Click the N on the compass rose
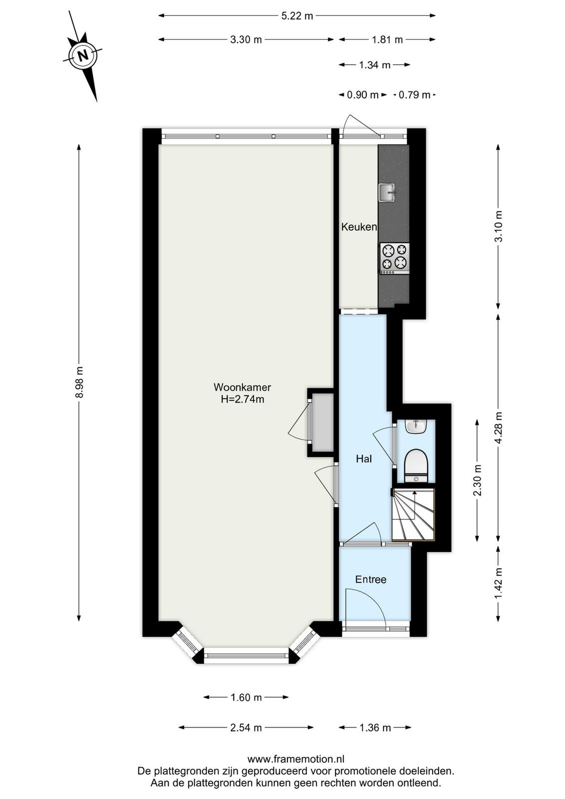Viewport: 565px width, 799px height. (x=83, y=55)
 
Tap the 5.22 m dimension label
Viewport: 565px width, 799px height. (x=297, y=16)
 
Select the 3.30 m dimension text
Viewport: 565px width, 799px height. (x=246, y=39)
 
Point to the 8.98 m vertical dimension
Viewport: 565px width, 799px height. (x=81, y=382)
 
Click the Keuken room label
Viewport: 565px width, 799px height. (x=359, y=227)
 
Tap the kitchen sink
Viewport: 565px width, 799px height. (x=387, y=193)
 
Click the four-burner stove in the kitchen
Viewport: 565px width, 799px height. (x=395, y=259)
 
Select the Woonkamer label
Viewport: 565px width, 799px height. (x=243, y=387)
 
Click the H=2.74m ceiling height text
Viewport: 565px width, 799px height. (x=243, y=399)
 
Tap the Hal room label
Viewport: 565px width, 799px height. (x=364, y=459)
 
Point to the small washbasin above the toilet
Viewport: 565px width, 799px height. (x=416, y=427)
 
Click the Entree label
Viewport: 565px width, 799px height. (x=371, y=579)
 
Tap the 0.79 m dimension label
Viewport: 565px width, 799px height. (x=415, y=95)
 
